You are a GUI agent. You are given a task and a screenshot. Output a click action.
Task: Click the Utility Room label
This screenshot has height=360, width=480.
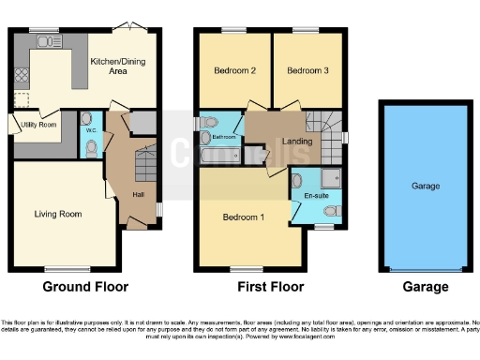(40, 124)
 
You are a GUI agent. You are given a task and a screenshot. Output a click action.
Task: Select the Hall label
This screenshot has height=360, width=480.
(138, 194)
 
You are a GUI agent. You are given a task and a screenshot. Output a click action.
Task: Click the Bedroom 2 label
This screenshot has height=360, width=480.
(229, 70)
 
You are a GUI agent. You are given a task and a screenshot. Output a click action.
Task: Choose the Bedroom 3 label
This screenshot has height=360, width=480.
(307, 70)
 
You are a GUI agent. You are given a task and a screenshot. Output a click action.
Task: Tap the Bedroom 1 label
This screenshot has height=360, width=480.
(243, 217)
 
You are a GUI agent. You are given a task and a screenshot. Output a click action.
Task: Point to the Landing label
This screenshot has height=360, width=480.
(297, 142)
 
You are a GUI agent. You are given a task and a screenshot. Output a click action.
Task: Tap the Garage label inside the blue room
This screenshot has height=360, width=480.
(425, 187)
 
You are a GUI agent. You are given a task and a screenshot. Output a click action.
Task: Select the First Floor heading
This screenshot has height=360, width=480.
(264, 287)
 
